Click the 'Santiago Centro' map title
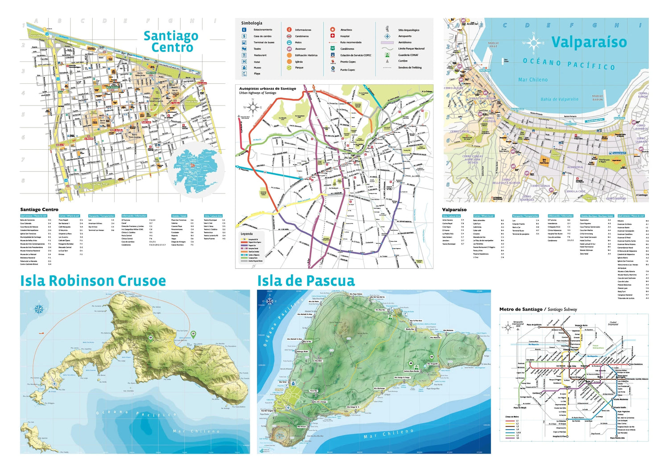tap(171, 41)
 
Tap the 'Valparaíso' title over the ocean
tap(589, 42)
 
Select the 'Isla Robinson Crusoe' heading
tap(93, 281)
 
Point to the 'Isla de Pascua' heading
tap(306, 281)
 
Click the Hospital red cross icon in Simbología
tap(332, 36)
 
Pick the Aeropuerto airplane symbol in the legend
tap(387, 36)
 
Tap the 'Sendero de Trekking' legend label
tap(409, 68)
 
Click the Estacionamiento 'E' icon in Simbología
tap(244, 30)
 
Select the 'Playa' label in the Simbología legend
tap(257, 74)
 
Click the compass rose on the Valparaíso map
tap(533, 43)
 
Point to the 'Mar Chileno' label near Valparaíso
tap(533, 80)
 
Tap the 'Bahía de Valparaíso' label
tap(559, 99)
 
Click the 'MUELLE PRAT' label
tap(493, 45)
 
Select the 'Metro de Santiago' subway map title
tap(520, 309)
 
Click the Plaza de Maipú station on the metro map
tap(520, 407)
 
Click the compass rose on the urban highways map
tap(252, 107)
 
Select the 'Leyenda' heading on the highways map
tap(247, 234)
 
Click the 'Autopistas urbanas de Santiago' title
tap(267, 89)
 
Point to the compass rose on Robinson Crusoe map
tap(39, 308)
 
